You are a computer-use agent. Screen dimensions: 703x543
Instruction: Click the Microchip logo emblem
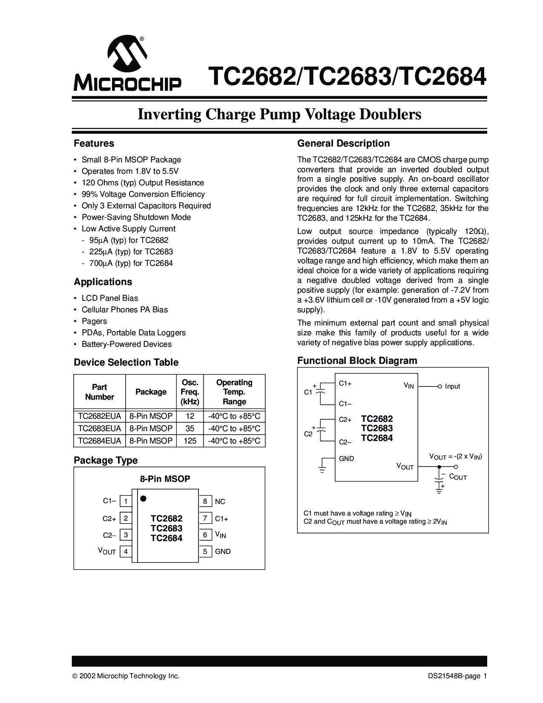point(127,55)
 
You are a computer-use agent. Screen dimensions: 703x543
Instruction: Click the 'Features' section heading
point(94,144)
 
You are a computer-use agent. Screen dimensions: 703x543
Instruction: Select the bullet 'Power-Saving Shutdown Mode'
point(136,217)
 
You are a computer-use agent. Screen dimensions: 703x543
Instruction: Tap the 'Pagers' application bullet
point(94,321)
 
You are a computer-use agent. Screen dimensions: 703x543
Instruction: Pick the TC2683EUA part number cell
point(100,429)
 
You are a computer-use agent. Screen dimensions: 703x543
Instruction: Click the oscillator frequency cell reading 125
point(190,441)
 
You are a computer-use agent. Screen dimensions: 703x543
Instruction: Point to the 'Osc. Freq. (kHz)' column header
point(190,392)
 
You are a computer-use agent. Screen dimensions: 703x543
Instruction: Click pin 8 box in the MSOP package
point(205,501)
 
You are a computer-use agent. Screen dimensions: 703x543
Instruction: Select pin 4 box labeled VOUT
point(126,551)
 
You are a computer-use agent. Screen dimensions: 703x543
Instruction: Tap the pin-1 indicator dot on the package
point(144,498)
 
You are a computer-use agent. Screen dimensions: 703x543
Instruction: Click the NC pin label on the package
point(220,501)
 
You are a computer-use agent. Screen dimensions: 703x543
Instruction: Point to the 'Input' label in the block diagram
point(452,386)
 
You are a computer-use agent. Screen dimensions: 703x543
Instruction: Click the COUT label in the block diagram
point(458,477)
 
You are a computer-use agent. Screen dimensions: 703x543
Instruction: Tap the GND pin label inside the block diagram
point(346,459)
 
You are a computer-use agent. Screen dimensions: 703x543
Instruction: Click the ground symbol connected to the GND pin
point(322,470)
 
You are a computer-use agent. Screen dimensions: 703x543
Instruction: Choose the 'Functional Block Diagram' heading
point(357,361)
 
